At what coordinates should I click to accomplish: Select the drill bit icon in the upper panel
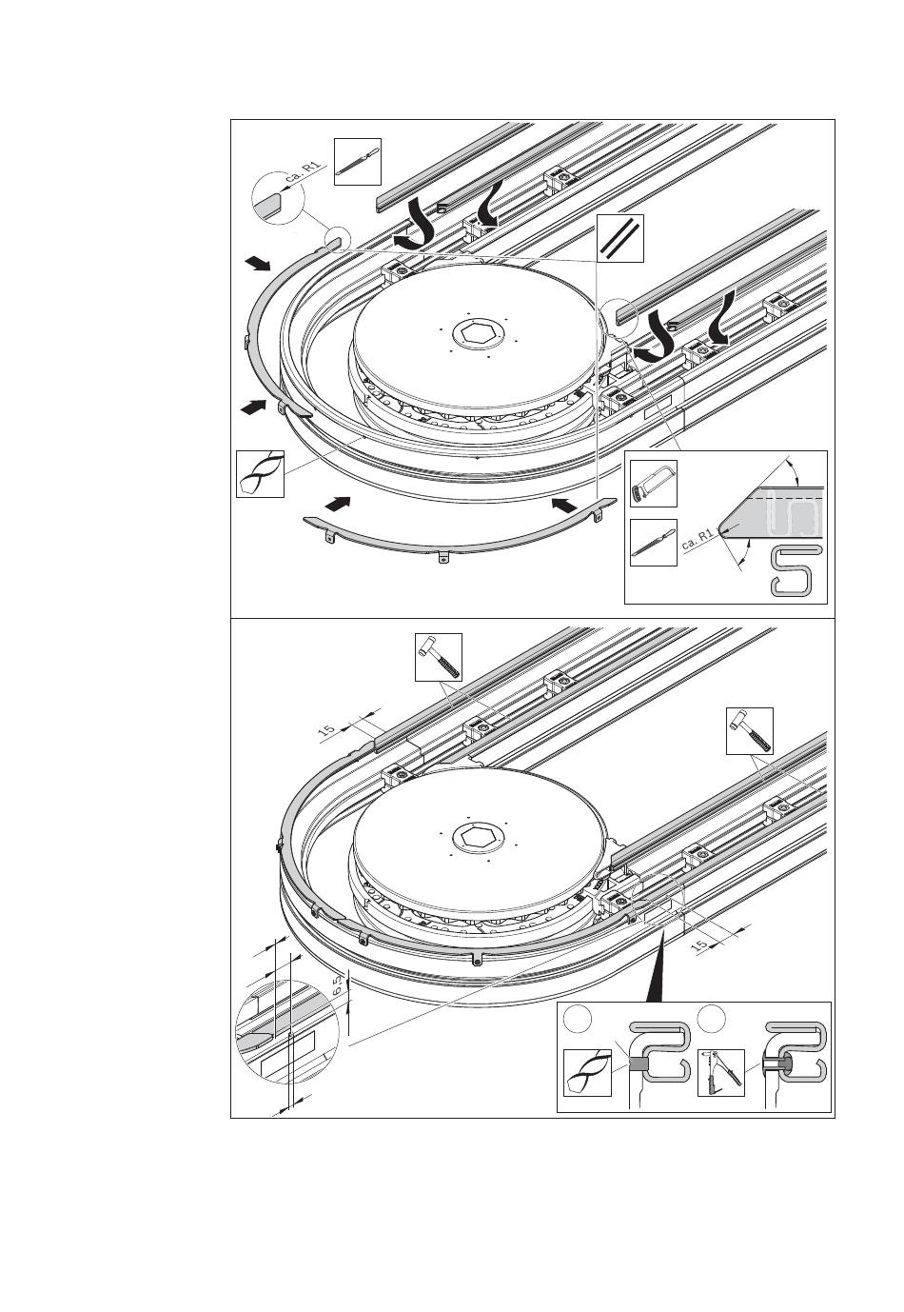tap(260, 473)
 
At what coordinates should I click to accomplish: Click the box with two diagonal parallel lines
tap(620, 236)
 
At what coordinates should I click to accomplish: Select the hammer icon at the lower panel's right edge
tap(750, 730)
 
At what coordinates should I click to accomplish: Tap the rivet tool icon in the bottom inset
tap(721, 1071)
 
